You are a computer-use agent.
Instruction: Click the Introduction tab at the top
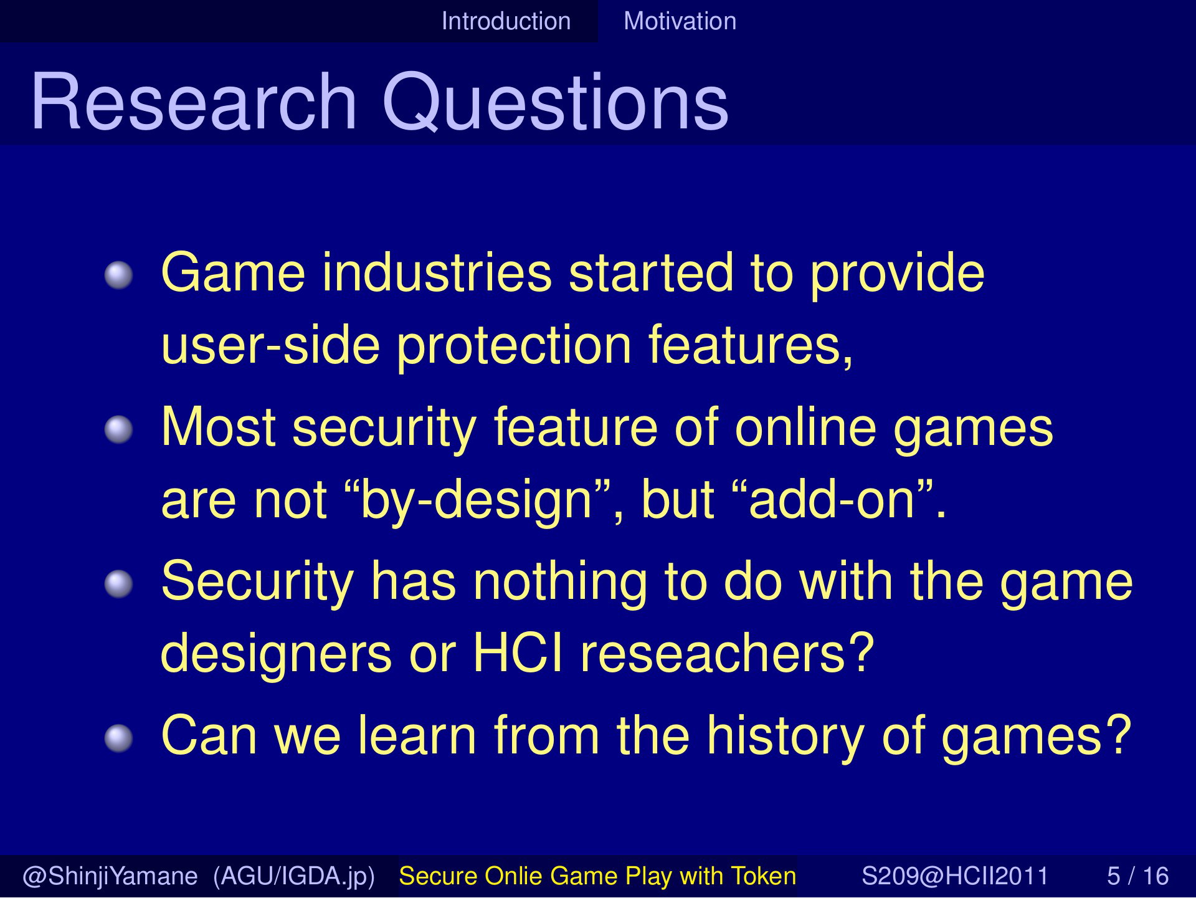pyautogui.click(x=506, y=21)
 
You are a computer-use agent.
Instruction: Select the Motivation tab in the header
pyautogui.click(x=680, y=21)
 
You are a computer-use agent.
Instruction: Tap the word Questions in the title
pyautogui.click(x=555, y=103)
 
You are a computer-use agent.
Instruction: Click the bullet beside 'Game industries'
pyautogui.click(x=118, y=275)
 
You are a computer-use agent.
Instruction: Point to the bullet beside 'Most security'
pyautogui.click(x=118, y=430)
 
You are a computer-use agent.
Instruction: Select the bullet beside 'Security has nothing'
pyautogui.click(x=118, y=584)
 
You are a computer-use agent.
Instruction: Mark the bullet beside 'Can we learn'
pyautogui.click(x=118, y=738)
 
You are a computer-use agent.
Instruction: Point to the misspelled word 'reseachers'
pyautogui.click(x=727, y=653)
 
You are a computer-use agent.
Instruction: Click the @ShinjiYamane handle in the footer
pyautogui.click(x=110, y=877)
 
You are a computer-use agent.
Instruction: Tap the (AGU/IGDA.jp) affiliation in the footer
pyautogui.click(x=293, y=877)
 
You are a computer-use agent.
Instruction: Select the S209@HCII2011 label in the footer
pyautogui.click(x=956, y=876)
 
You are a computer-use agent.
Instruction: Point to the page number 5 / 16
pyautogui.click(x=1137, y=876)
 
